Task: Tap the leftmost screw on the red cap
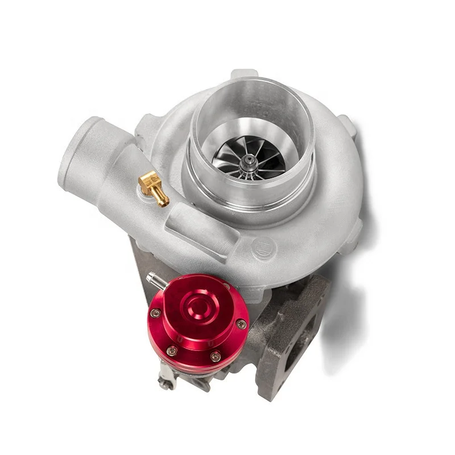tap(155, 312)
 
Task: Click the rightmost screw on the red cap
tap(241, 324)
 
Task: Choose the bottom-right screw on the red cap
tap(215, 357)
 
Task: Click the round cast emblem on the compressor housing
tap(264, 247)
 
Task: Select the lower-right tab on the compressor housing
tap(353, 233)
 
